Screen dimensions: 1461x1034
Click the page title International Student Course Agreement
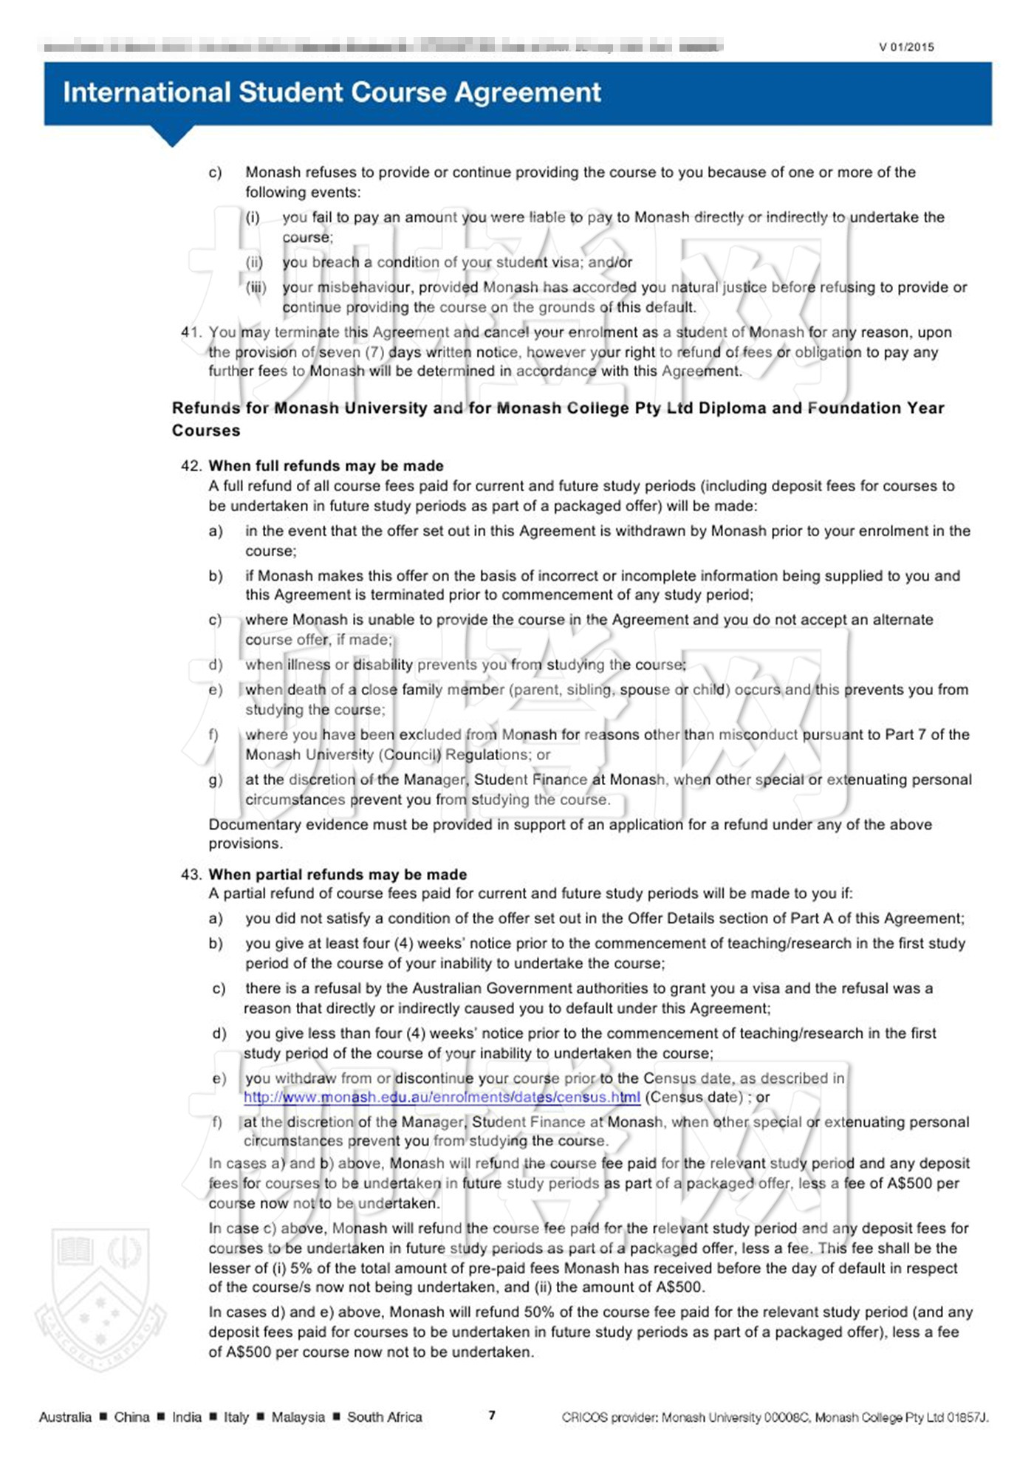332,92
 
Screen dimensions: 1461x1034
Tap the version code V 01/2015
906,47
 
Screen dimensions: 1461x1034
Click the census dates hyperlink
442,1098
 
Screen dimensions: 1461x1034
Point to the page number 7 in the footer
492,1415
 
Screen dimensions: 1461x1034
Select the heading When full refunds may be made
326,466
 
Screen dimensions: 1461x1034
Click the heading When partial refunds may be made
338,875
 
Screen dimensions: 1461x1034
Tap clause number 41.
191,332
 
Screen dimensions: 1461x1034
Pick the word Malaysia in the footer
298,1417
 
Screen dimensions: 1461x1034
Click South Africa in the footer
384,1417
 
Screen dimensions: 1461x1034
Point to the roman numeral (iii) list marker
256,287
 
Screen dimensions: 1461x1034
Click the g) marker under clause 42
215,780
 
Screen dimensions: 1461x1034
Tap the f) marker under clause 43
217,1122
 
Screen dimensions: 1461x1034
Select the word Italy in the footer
236,1417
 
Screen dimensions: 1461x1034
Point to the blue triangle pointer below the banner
172,136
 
